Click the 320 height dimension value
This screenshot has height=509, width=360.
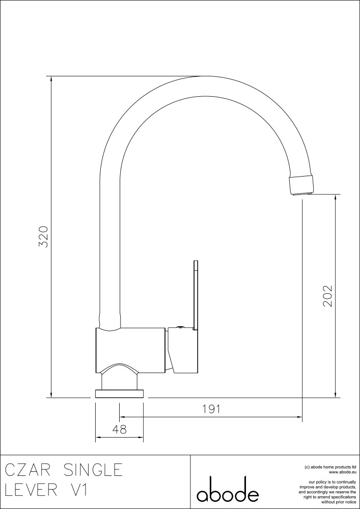pos(43,237)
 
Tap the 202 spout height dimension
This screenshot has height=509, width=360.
pos(327,296)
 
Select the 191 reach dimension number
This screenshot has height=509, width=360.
pos(211,409)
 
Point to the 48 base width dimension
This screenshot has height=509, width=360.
pos(119,429)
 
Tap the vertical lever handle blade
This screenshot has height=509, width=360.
pos(196,295)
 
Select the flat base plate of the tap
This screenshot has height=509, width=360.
pos(119,394)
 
